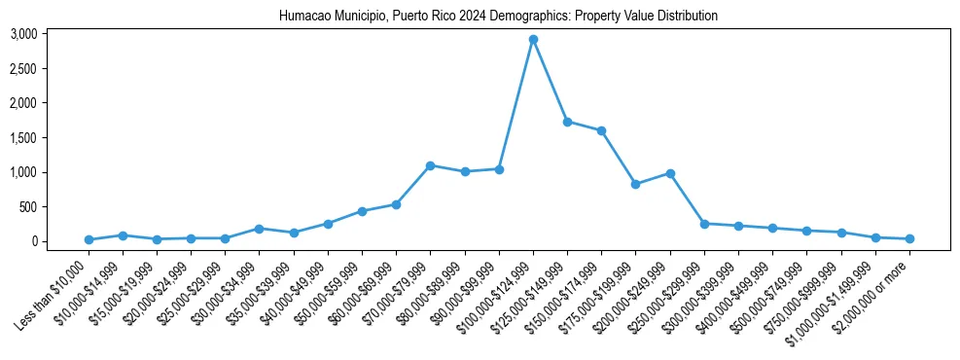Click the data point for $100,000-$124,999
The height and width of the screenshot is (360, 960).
pyautogui.click(x=533, y=40)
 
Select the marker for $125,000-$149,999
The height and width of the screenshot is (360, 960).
pyautogui.click(x=567, y=122)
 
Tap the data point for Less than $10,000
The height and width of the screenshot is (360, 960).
pyautogui.click(x=89, y=239)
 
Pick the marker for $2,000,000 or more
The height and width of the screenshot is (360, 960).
pyautogui.click(x=909, y=238)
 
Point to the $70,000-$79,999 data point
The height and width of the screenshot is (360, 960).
pyautogui.click(x=430, y=165)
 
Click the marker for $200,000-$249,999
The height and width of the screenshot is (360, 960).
pyautogui.click(x=670, y=173)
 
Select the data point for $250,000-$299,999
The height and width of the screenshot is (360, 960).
pyautogui.click(x=704, y=224)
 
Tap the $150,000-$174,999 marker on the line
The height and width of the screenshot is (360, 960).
pyautogui.click(x=601, y=130)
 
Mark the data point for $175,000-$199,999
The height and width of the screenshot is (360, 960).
pyautogui.click(x=635, y=184)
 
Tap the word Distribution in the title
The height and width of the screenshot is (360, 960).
pyautogui.click(x=687, y=17)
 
